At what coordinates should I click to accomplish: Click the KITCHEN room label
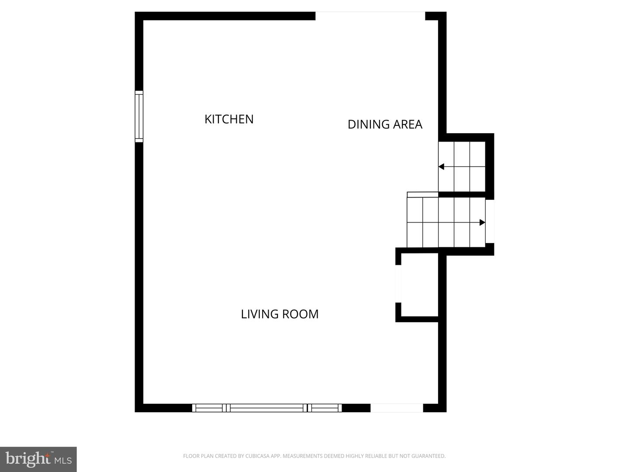(229, 119)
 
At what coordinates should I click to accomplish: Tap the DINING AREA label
(385, 125)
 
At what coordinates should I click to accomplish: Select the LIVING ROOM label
(280, 314)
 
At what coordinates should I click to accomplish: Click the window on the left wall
(139, 116)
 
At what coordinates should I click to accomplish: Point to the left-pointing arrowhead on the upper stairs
(441, 167)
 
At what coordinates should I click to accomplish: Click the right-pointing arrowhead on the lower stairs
(482, 222)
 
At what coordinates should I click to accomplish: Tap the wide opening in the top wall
(370, 16)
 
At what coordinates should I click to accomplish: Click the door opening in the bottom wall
(397, 408)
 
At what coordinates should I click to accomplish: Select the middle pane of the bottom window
(266, 408)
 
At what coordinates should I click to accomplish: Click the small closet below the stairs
(419, 284)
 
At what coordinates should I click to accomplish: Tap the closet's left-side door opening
(398, 284)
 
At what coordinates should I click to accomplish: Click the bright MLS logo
(38, 459)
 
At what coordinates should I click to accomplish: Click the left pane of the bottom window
(209, 408)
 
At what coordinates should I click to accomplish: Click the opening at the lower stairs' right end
(490, 221)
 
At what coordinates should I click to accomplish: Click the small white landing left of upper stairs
(422, 194)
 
